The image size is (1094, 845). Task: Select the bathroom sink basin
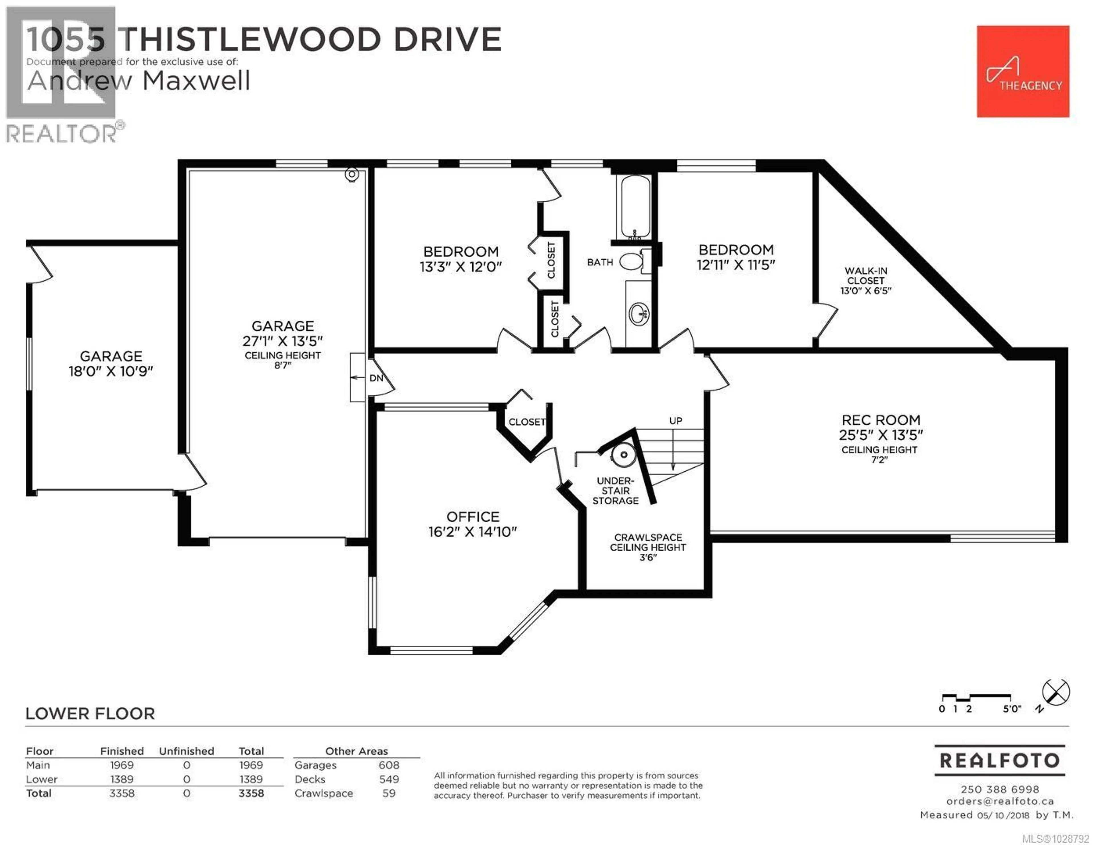[639, 314]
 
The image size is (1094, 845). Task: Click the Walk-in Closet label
[866, 275]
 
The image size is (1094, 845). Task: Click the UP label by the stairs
[675, 421]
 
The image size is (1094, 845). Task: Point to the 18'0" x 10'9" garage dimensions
[111, 371]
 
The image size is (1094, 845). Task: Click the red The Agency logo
[1022, 72]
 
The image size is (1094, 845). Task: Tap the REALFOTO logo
[999, 760]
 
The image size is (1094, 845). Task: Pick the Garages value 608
[389, 765]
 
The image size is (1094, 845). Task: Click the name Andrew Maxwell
[139, 81]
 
